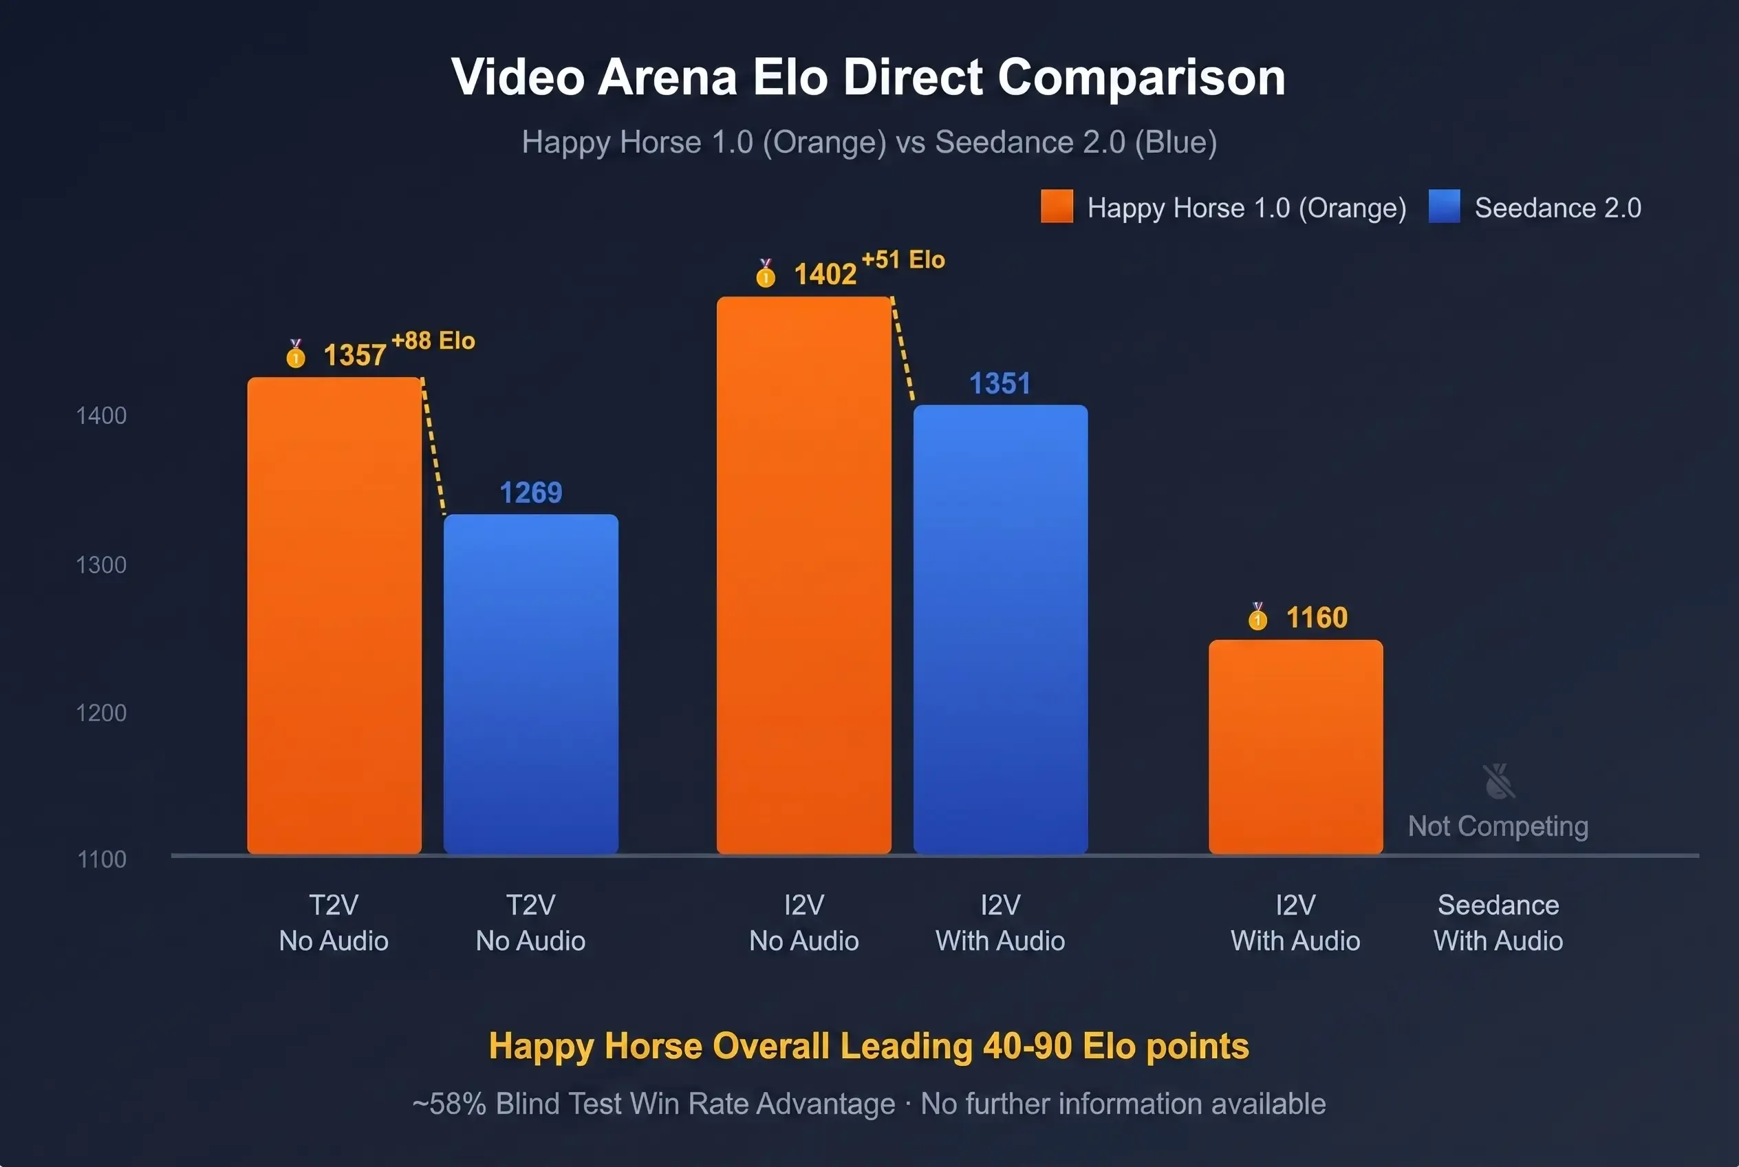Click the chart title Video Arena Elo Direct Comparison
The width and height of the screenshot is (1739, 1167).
tap(868, 76)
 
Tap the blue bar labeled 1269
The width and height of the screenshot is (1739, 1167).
tap(530, 683)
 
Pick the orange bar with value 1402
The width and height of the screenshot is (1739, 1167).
tap(803, 575)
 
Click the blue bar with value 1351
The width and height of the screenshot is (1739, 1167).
tap(1000, 629)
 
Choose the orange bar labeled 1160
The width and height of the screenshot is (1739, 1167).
tap(1295, 746)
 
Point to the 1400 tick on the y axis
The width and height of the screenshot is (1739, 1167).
tap(101, 416)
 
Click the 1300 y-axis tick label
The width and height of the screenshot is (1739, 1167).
tap(101, 565)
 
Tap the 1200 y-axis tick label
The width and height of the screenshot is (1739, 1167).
tap(101, 713)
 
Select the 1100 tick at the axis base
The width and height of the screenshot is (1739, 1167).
tap(102, 859)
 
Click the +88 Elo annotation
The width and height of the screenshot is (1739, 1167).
tap(433, 341)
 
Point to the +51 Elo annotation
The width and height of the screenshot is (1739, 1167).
tap(903, 259)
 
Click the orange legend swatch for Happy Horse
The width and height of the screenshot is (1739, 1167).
tap(1057, 206)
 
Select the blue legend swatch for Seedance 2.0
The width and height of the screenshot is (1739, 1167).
tap(1444, 206)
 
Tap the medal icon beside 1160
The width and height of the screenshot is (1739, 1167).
tap(1257, 617)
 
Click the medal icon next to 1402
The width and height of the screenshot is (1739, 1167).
tap(765, 273)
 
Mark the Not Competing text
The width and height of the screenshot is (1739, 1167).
tap(1498, 826)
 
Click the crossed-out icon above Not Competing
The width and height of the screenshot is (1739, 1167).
tap(1498, 781)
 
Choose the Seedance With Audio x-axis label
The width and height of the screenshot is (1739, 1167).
tap(1498, 923)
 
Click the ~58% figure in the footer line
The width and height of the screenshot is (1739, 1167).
tap(449, 1104)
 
